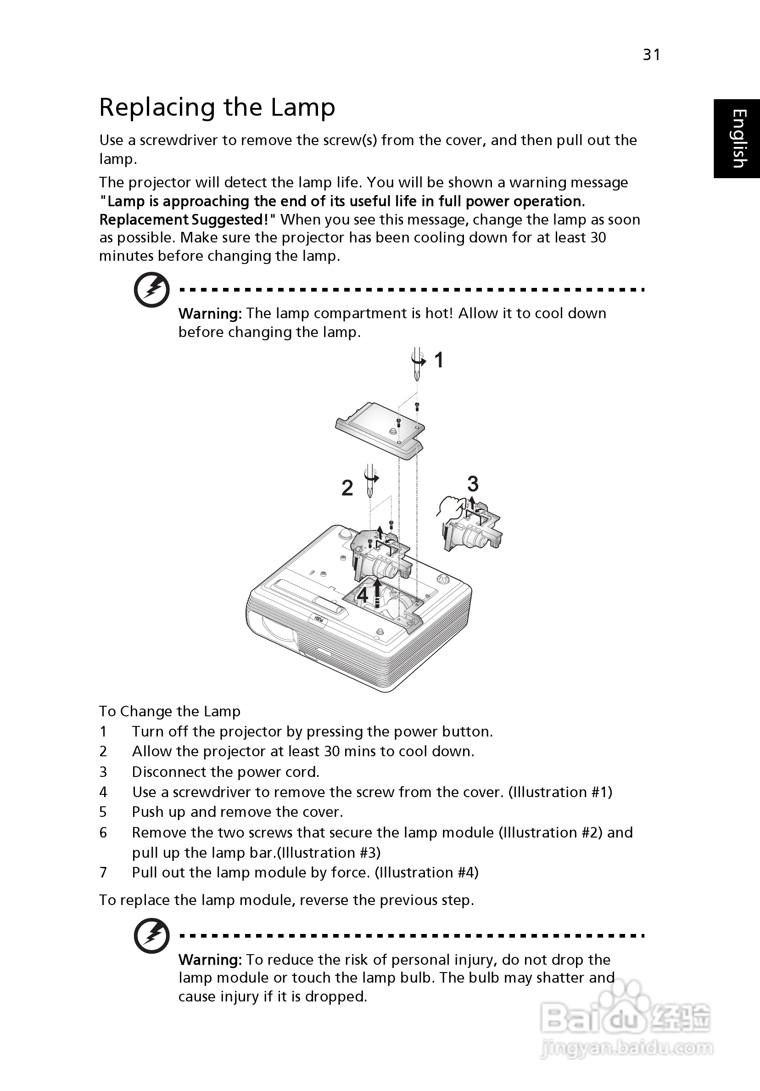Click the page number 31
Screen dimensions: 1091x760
(651, 55)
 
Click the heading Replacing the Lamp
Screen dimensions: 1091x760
(217, 107)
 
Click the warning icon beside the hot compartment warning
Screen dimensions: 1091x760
(151, 290)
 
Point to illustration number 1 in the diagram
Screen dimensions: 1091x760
(439, 360)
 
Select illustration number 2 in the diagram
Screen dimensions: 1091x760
(347, 488)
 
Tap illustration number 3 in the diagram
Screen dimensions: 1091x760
(473, 484)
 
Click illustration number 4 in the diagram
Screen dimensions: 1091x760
(363, 595)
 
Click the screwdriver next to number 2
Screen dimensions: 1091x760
(369, 480)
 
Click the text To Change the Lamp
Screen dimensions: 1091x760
(169, 711)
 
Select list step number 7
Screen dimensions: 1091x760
(103, 872)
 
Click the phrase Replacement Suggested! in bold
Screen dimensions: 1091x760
(188, 219)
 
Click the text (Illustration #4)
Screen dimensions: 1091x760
(426, 872)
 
